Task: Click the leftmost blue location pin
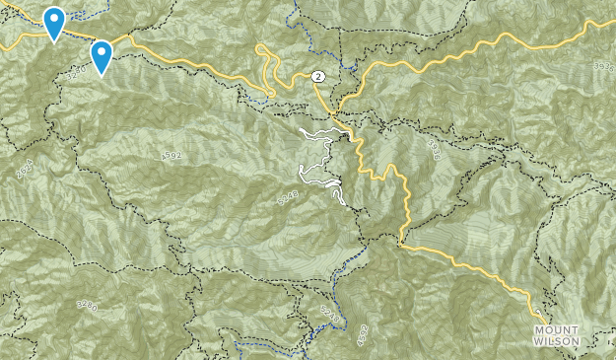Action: click(54, 22)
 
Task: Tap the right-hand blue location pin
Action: click(101, 55)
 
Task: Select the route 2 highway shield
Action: click(317, 76)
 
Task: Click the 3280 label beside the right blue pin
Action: click(79, 71)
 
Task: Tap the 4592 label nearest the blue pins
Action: click(171, 156)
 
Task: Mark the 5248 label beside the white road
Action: click(287, 198)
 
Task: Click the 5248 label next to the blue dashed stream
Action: click(328, 315)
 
